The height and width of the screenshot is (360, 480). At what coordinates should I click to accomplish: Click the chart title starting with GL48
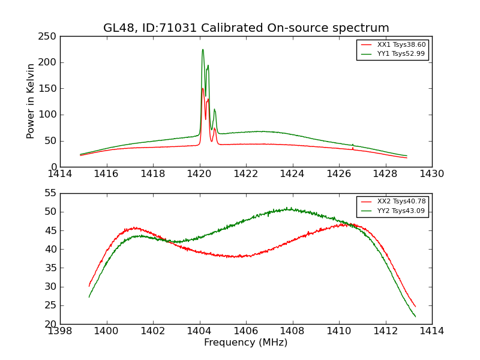246,28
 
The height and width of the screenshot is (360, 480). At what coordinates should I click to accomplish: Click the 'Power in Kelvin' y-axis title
31,101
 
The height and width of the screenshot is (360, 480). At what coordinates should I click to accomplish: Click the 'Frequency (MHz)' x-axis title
246,343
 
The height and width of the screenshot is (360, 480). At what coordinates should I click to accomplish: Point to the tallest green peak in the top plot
203,49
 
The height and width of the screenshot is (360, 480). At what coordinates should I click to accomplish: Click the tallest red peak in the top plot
203,89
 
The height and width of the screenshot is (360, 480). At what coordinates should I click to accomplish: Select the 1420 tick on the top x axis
200,174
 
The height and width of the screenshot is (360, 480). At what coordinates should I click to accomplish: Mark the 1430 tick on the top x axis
432,174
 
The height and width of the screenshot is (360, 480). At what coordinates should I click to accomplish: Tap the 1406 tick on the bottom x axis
246,331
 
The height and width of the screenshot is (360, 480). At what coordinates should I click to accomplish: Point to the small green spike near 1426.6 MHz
353,145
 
